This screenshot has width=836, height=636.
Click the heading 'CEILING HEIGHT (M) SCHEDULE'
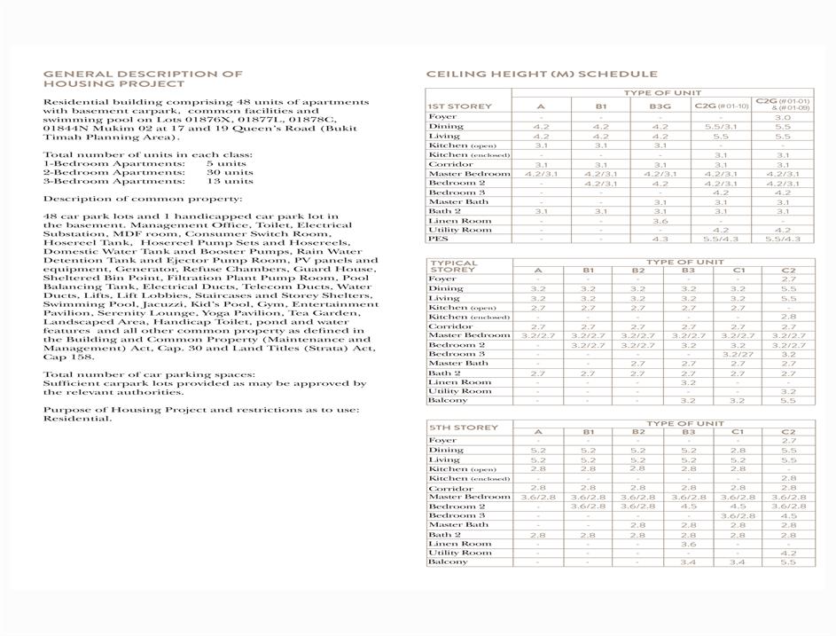[x=541, y=75]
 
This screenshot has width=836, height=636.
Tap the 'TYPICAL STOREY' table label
[x=454, y=267]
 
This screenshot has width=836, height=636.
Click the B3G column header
[x=660, y=106]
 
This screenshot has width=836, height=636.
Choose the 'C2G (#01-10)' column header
[x=721, y=106]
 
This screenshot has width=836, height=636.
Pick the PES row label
[x=437, y=239]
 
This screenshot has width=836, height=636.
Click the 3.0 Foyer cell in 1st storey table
[x=782, y=117]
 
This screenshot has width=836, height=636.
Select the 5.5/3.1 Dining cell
[x=721, y=127]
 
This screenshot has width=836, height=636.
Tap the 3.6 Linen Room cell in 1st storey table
[x=660, y=221]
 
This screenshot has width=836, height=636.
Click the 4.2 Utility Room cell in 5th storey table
[x=788, y=553]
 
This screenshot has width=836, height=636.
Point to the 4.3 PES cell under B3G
[x=660, y=239]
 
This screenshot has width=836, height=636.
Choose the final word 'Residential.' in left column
[x=78, y=419]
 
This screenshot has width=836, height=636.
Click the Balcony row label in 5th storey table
[x=448, y=561]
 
